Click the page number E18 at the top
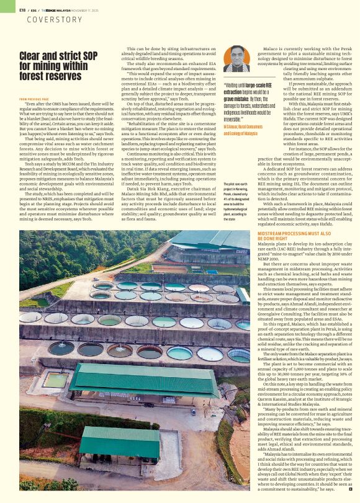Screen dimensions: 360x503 (22, 10)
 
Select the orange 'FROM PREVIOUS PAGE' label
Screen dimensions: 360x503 (35, 99)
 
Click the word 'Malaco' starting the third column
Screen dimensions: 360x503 (272, 48)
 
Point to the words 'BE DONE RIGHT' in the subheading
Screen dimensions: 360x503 (274, 238)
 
